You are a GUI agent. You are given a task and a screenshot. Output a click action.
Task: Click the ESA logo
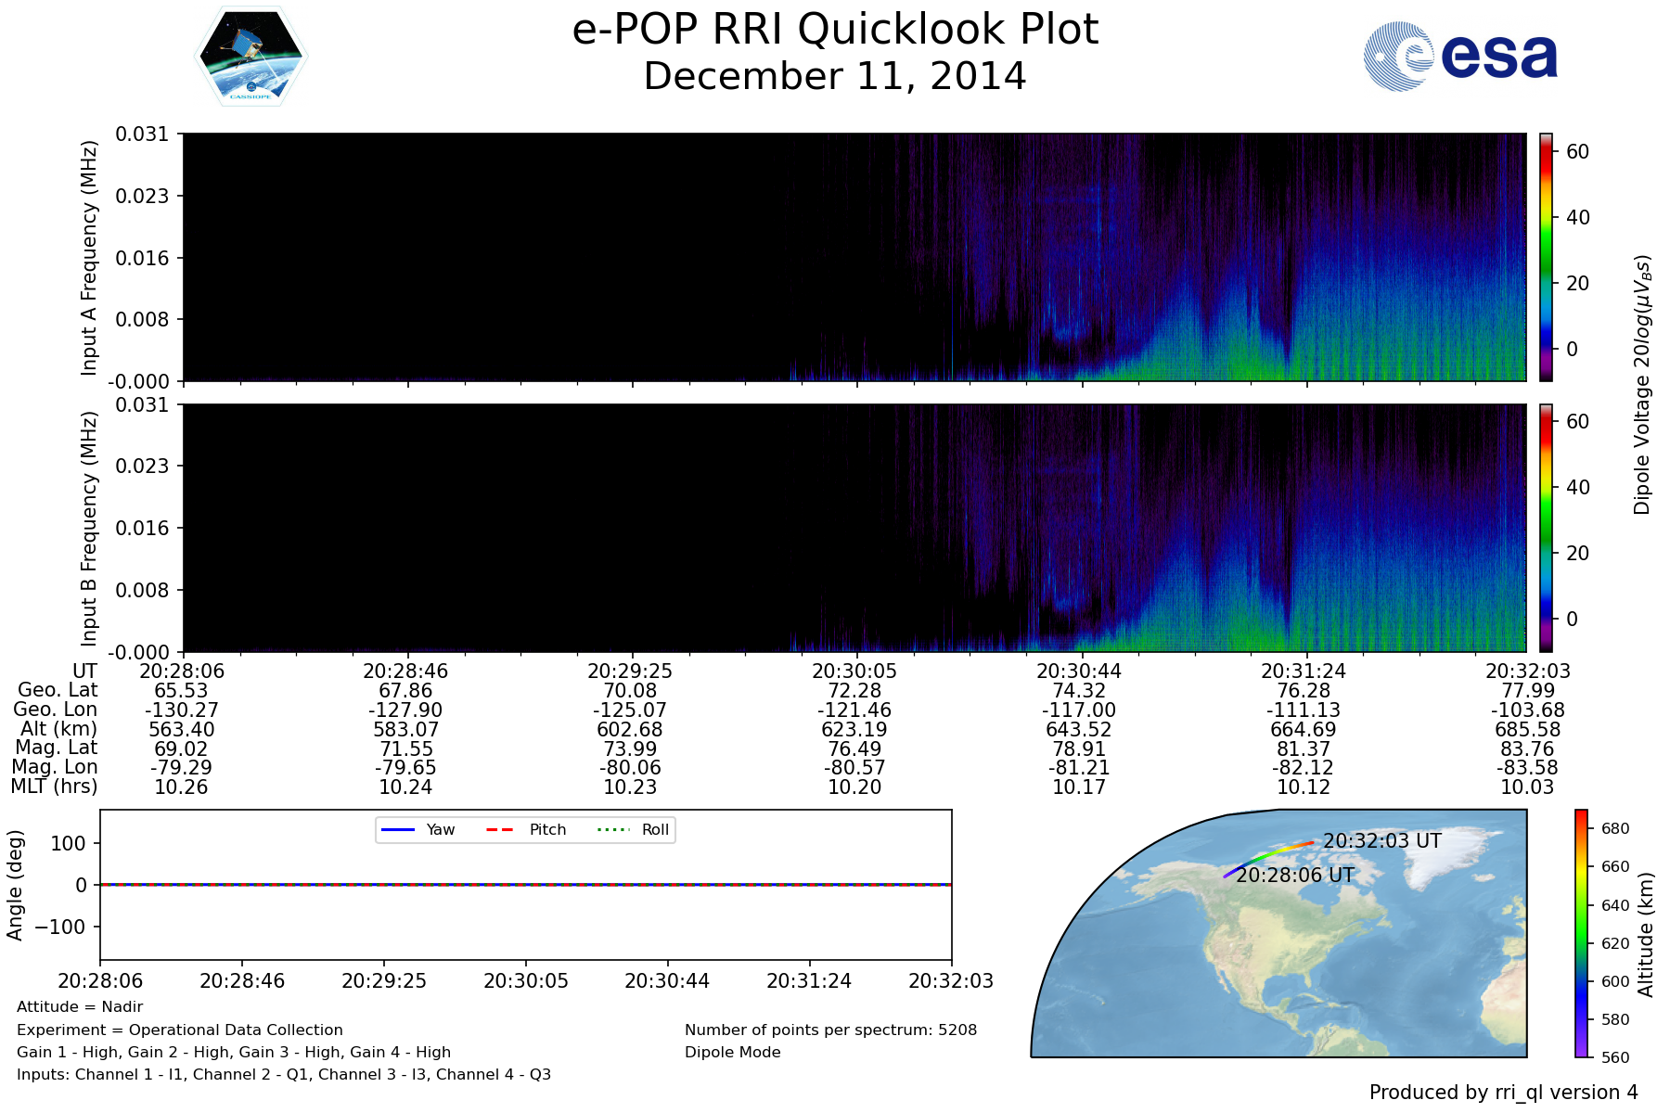pos(1460,57)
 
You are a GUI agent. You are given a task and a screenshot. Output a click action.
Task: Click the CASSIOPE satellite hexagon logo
pos(250,57)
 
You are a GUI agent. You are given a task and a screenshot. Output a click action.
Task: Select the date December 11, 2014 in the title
pos(835,76)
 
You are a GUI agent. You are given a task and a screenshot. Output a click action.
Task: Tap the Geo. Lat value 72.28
pos(854,691)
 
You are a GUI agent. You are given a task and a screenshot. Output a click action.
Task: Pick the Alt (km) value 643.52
pos(1079,730)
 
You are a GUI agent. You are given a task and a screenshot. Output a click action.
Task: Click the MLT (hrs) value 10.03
pos(1527,787)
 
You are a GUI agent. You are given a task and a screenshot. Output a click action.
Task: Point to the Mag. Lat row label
pos(57,748)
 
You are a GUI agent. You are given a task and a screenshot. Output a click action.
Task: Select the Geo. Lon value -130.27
pos(182,710)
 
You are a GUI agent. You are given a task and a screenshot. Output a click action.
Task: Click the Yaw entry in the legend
pos(417,829)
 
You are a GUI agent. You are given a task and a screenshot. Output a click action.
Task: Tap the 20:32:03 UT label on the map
pos(1382,841)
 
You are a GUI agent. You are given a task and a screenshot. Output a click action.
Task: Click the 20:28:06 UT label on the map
pos(1295,876)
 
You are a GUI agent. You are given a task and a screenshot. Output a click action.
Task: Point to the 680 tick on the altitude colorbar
pos(1615,829)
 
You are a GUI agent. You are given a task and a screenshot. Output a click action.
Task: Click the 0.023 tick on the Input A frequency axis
pos(142,196)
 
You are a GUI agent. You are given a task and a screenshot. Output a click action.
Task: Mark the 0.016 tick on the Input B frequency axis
pos(142,529)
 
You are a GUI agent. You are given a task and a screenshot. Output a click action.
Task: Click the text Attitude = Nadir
pos(80,1007)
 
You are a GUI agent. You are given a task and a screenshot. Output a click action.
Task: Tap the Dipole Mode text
pos(733,1053)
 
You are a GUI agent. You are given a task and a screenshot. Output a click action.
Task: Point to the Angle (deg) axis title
pos(15,886)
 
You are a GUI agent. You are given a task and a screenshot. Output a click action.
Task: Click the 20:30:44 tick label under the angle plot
pos(667,981)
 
